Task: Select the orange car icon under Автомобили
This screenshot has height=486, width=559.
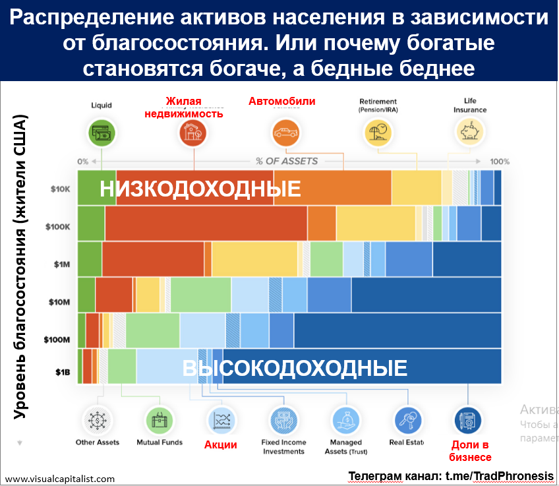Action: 285,134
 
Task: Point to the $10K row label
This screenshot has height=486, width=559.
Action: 60,189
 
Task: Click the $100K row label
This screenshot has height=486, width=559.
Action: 58,226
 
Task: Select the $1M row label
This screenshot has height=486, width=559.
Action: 61,264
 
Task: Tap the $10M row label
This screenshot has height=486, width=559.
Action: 59,302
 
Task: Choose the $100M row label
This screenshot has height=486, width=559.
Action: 57,340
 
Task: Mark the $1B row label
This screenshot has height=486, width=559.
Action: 62,372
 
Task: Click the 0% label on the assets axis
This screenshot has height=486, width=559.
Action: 82,162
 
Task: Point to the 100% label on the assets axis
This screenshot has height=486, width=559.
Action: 500,162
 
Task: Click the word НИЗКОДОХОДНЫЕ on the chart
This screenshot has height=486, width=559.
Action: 200,189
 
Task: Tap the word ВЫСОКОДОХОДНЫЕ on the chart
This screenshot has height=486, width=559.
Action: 295,367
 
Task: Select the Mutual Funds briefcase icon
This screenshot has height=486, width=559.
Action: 159,419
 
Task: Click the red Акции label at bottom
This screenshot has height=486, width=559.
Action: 221,444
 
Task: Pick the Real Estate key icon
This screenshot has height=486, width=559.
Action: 406,419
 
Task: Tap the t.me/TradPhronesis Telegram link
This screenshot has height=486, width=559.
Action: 500,477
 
